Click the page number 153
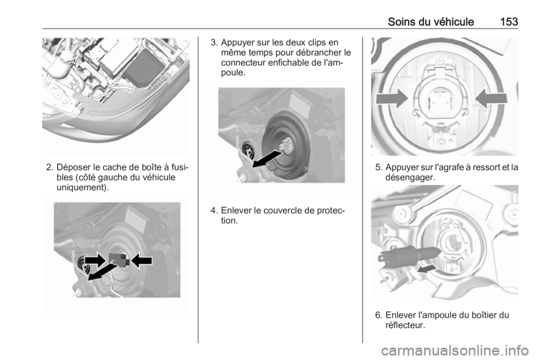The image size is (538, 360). [509, 22]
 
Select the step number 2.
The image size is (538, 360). [49, 168]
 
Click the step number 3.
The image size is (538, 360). [214, 43]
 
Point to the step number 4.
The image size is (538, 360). [214, 210]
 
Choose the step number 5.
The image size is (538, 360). [378, 168]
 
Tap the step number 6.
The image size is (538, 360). [378, 315]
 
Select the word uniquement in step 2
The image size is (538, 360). [80, 188]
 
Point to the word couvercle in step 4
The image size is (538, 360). [281, 210]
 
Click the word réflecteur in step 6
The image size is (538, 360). [404, 325]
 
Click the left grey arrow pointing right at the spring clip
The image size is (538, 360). [392, 99]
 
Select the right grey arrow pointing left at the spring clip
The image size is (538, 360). [491, 99]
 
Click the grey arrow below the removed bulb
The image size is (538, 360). [426, 268]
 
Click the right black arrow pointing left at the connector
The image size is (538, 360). [141, 261]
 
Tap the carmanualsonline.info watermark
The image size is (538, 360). [454, 350]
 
